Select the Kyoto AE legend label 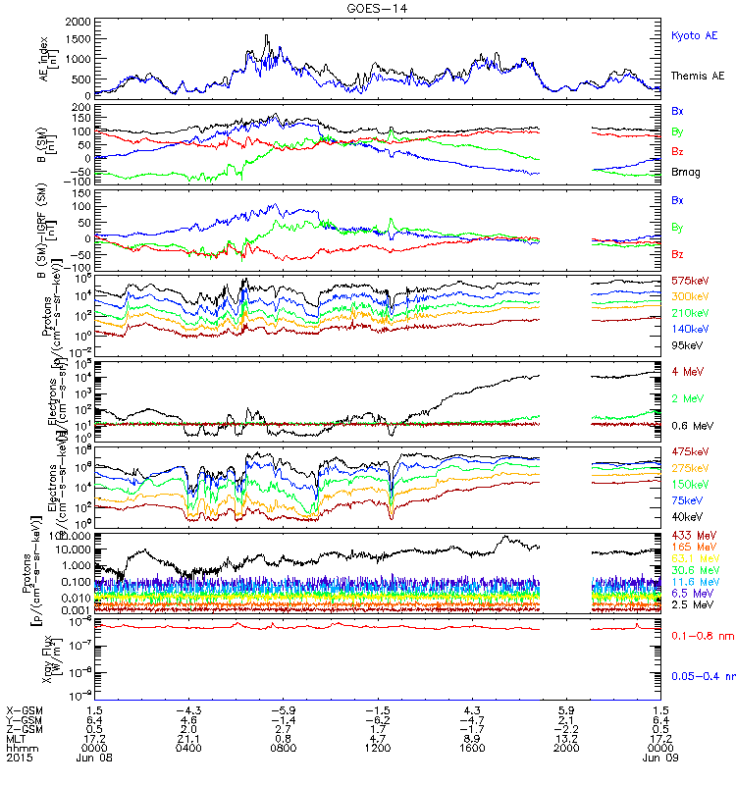coord(694,35)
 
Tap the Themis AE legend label coord(696,76)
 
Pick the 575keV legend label coord(691,282)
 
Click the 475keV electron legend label coord(691,450)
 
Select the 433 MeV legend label coord(691,535)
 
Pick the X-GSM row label coord(22,709)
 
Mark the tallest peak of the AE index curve coord(266,35)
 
